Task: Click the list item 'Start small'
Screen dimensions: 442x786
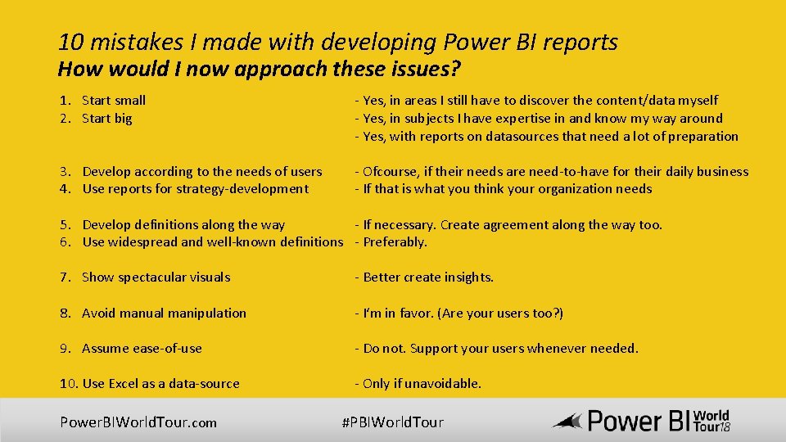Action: tap(114, 101)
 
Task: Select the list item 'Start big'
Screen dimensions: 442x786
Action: tap(106, 119)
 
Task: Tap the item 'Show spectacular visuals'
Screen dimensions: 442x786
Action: tap(156, 277)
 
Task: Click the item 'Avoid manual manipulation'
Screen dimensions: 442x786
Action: tap(164, 313)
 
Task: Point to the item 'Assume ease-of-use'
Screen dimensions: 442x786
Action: tap(142, 349)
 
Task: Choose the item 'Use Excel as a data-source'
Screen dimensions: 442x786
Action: tap(160, 384)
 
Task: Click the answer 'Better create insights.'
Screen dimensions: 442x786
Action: tap(428, 277)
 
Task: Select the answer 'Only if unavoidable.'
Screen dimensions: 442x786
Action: tap(422, 384)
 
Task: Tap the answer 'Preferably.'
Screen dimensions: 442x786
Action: tap(395, 242)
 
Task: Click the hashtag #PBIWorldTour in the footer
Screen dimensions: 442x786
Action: tap(392, 422)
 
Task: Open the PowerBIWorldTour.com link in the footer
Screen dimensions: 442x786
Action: tap(138, 422)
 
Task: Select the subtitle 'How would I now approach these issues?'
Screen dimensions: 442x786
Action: tap(259, 69)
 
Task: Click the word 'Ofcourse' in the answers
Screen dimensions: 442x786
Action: tap(390, 172)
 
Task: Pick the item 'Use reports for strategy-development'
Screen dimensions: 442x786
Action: tap(195, 189)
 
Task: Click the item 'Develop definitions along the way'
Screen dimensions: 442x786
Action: tap(183, 225)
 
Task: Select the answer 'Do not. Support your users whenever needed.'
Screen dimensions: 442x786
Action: tap(500, 349)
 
